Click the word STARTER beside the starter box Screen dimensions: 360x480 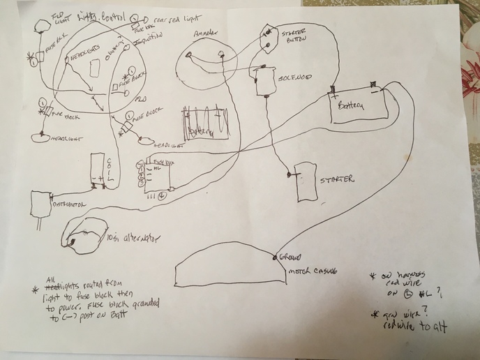coord(337,181)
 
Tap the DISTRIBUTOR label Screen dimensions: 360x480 coord(68,206)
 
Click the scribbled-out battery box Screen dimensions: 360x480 coord(205,124)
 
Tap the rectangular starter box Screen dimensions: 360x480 coord(305,183)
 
